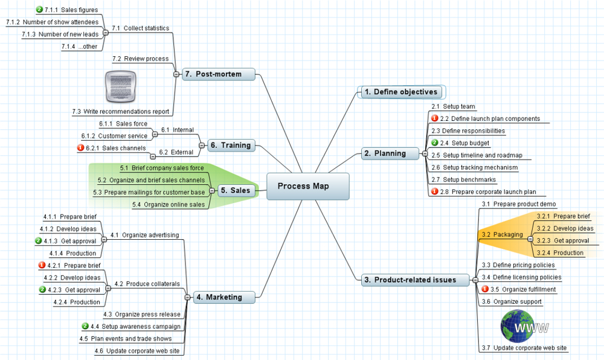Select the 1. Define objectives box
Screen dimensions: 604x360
(x=402, y=92)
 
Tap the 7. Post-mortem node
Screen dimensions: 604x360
(x=219, y=74)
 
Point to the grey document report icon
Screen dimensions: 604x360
(x=121, y=86)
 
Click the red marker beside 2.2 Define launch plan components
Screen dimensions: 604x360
(x=434, y=118)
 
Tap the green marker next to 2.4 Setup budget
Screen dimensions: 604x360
(x=434, y=143)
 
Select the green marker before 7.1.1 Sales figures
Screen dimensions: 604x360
(x=39, y=9)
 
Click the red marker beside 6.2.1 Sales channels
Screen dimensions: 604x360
(x=80, y=147)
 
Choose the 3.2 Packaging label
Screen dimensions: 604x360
(x=502, y=234)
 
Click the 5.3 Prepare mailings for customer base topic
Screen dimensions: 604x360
(x=149, y=192)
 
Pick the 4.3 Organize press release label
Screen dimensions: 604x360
(x=142, y=314)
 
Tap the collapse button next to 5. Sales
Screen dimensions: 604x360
(x=212, y=191)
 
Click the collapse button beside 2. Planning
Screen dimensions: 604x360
(x=425, y=153)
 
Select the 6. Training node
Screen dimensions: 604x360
(x=231, y=146)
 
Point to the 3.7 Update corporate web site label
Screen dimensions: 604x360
(x=524, y=348)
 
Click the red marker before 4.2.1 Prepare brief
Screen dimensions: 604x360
(x=42, y=265)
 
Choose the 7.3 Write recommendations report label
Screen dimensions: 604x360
(x=121, y=111)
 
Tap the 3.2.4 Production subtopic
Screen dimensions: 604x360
(x=560, y=252)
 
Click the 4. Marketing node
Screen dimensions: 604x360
(x=224, y=297)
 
